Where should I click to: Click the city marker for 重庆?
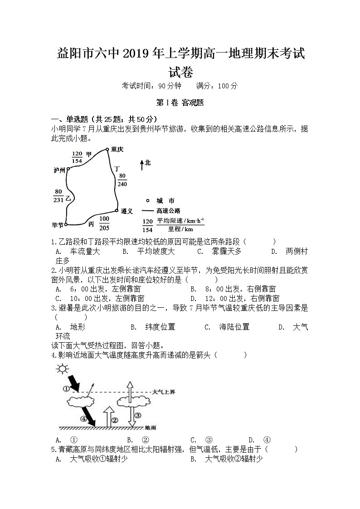pos(107,149)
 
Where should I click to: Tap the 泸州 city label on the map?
pos(59,170)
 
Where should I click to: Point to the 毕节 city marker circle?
pos(66,224)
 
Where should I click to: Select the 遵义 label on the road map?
pos(126,211)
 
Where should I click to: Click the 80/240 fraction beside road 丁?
pos(122,180)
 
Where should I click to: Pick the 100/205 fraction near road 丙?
pos(104,223)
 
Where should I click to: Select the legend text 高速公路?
pos(168,211)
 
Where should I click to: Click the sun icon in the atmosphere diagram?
pos(61,369)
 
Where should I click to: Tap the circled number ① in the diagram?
pos(66,388)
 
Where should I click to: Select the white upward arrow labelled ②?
pos(108,417)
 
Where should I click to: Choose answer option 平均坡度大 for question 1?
pos(156,252)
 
